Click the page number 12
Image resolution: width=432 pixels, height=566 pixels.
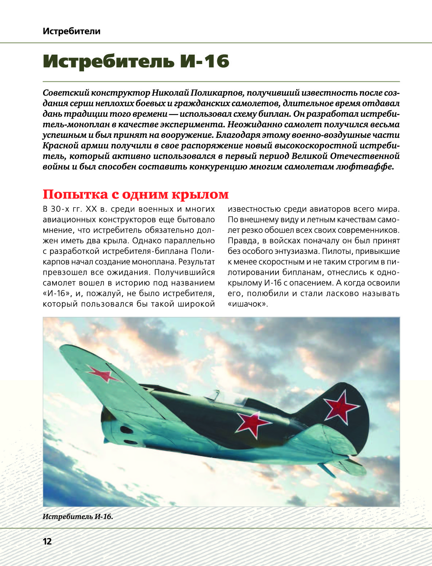(x=47, y=541)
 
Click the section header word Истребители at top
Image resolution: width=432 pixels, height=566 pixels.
(x=71, y=31)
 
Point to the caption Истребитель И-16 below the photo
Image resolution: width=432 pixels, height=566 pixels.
(x=78, y=516)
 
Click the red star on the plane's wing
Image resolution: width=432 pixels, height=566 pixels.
(x=102, y=374)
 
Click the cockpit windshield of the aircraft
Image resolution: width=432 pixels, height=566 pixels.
(x=214, y=395)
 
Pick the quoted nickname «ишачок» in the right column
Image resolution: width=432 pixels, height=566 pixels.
(x=248, y=304)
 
